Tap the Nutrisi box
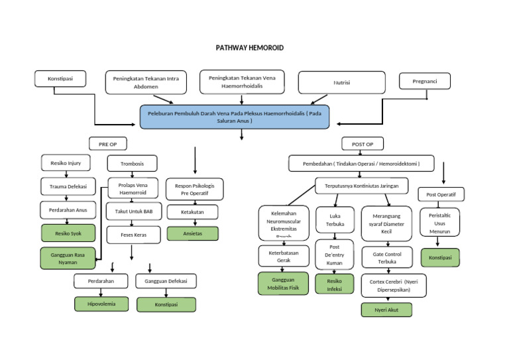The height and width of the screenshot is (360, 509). point(341,83)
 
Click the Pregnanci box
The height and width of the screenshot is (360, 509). point(425,81)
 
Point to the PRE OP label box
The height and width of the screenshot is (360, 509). point(107,143)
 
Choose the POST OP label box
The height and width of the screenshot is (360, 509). point(362,144)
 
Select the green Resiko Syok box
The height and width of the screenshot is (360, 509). point(67,233)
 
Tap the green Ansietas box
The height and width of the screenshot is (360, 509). point(192,233)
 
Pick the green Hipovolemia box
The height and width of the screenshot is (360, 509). point(101,304)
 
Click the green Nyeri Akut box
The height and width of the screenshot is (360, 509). point(386,310)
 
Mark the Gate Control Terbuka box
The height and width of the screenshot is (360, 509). point(386,257)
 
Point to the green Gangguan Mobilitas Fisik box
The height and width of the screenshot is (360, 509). point(284,283)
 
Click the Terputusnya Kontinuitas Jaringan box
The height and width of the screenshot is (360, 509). point(361,186)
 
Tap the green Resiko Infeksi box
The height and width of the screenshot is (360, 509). point(334,284)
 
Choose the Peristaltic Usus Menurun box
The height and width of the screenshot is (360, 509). point(441,223)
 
